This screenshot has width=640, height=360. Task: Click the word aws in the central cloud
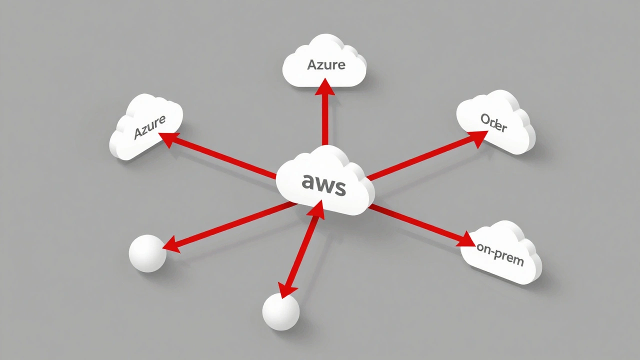pyautogui.click(x=323, y=185)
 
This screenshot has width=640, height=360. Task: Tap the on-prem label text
pyautogui.click(x=499, y=254)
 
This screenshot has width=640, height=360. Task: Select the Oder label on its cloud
pyautogui.click(x=493, y=122)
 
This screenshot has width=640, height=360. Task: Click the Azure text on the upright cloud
pyautogui.click(x=326, y=65)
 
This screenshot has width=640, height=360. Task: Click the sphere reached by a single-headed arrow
pyautogui.click(x=147, y=253)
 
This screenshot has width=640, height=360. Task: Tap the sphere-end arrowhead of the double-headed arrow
pyautogui.click(x=288, y=289)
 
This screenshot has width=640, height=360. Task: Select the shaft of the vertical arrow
pyautogui.click(x=325, y=120)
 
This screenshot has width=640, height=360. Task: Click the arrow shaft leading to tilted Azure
pyautogui.click(x=225, y=159)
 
